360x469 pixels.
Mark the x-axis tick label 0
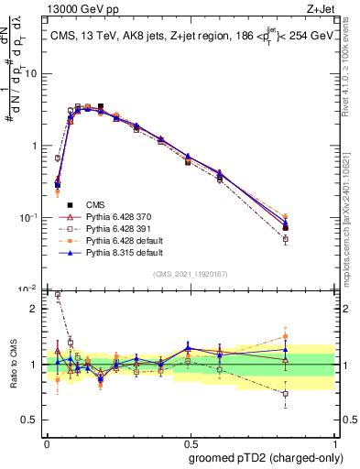pos(47,442)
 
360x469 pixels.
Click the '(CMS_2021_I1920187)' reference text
pos(190,274)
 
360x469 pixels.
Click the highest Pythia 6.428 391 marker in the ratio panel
pos(59,295)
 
